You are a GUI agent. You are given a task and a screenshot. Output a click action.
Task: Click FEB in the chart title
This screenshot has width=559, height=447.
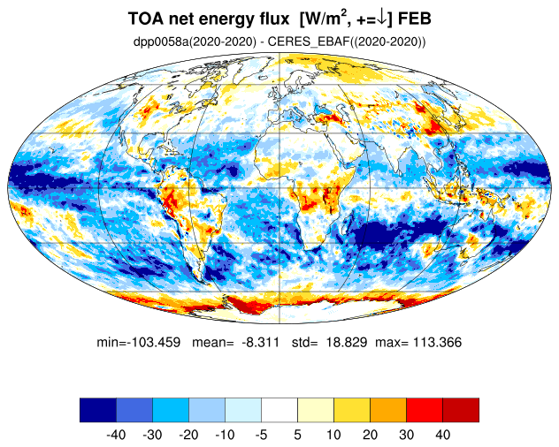(x=414, y=19)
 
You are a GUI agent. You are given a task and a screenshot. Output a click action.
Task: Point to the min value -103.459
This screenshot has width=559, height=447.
(x=154, y=342)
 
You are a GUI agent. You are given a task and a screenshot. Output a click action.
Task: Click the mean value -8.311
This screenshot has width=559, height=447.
(x=260, y=342)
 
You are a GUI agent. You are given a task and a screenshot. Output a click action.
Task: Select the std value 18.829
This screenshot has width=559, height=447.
(x=347, y=342)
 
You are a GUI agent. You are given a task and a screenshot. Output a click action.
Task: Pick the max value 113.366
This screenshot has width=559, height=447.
(x=437, y=342)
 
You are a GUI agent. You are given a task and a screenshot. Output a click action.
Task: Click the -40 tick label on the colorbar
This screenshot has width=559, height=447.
(x=116, y=435)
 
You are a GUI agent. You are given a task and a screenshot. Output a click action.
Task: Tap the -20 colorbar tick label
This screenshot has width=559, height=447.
(x=188, y=435)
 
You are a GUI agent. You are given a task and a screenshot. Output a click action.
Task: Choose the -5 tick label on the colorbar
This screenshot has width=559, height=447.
(x=261, y=435)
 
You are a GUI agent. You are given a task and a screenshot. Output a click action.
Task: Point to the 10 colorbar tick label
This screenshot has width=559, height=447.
(x=333, y=435)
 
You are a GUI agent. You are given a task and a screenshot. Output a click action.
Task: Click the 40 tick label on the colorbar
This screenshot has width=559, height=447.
(x=442, y=435)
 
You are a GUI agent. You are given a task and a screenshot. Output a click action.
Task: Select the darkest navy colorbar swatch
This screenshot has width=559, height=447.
(x=98, y=410)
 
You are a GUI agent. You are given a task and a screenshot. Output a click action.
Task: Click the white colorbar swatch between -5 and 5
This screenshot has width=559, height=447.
(x=279, y=410)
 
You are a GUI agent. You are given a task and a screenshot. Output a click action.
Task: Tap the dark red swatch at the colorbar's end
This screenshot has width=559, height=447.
(x=461, y=410)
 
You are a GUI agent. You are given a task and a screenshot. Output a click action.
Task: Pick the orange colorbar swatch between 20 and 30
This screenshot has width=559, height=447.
(x=388, y=410)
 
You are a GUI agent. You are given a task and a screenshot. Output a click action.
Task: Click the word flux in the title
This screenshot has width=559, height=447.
(x=273, y=19)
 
